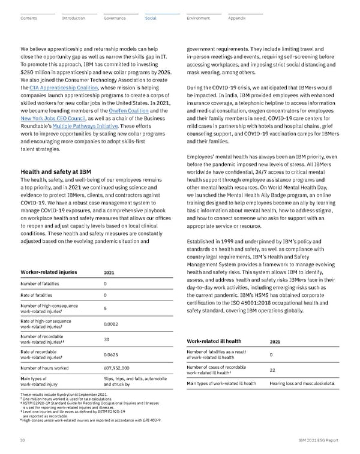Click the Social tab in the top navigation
(151, 19)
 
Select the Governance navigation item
(115, 19)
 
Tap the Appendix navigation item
(237, 19)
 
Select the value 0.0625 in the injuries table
(112, 354)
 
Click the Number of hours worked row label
(47, 367)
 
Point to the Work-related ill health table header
(215, 342)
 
